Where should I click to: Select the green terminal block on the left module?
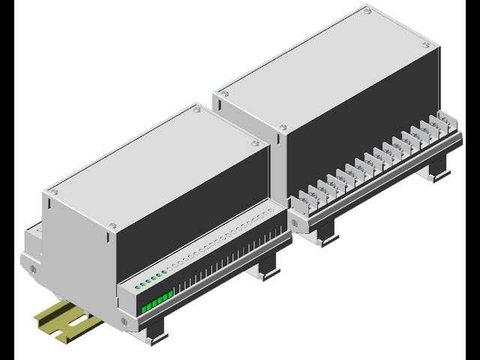(157, 301)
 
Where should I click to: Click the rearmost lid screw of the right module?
(367, 11)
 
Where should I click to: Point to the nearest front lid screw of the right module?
(283, 128)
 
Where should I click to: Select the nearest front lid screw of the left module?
(113, 226)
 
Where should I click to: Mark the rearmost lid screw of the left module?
(196, 109)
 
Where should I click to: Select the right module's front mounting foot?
(328, 235)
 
